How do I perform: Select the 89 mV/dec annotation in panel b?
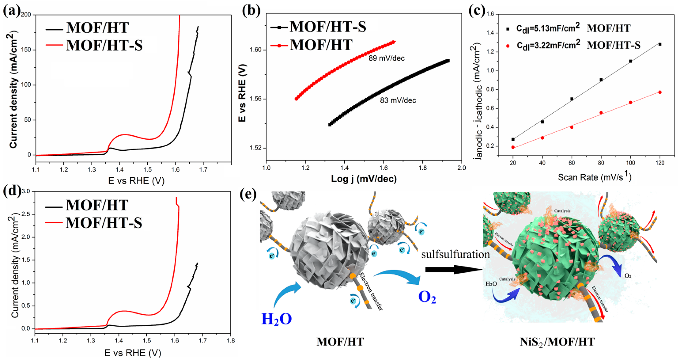pos(386,58)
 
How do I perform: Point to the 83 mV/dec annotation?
pos(398,100)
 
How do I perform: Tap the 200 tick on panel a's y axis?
pos(26,15)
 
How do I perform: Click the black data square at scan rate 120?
pos(660,45)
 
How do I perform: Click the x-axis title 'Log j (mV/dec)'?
pos(364,179)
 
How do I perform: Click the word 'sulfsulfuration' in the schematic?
pos(455,255)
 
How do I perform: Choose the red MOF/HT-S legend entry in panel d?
pos(104,223)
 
